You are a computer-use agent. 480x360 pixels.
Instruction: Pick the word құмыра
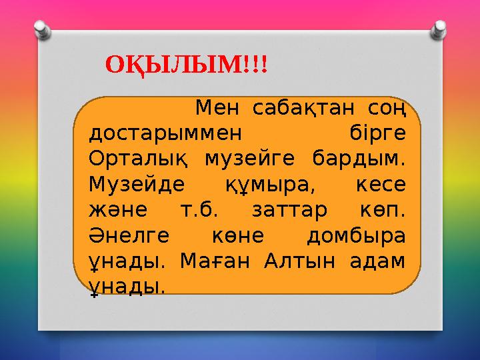click(x=273, y=184)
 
